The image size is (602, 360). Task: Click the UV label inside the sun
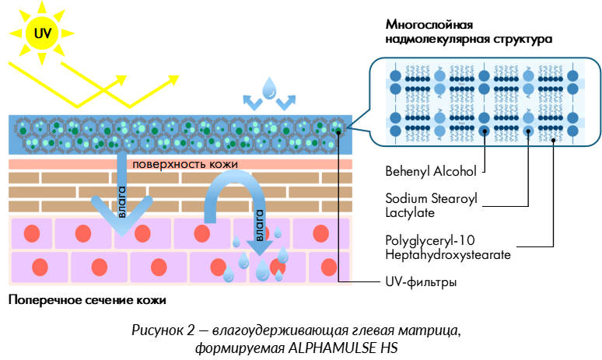pos(41,33)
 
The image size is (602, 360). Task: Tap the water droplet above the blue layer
pos(269,88)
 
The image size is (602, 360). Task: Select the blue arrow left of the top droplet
pos(251,103)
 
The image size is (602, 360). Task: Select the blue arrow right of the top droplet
pos(287,103)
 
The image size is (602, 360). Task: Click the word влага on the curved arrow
pos(260,222)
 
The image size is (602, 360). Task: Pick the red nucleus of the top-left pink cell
pos(31,233)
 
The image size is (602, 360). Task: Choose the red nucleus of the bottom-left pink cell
pos(39,267)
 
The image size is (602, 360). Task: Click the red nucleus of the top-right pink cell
pos(320,233)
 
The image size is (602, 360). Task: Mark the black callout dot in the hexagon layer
pos(339,132)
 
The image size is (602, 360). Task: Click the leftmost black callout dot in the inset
pos(485,131)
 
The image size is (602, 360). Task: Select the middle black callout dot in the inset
pos(529,131)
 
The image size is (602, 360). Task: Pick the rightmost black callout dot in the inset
pos(553,140)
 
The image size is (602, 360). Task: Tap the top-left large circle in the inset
pos(396,76)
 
